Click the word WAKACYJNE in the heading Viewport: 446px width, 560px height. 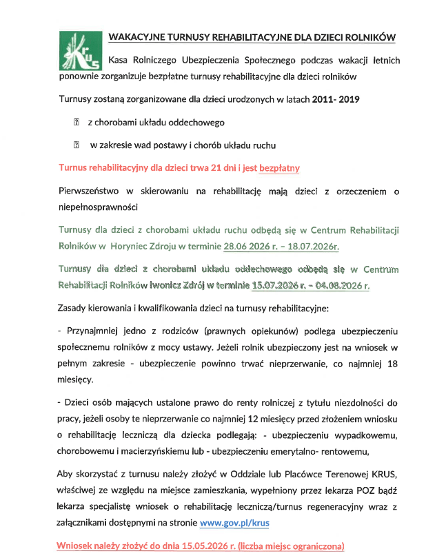tap(135, 37)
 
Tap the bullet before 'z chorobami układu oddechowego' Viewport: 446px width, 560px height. tap(76, 122)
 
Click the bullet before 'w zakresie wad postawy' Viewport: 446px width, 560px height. tap(76, 145)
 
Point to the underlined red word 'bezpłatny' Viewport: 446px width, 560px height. tap(278, 167)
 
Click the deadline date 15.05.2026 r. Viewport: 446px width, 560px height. tap(221, 546)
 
